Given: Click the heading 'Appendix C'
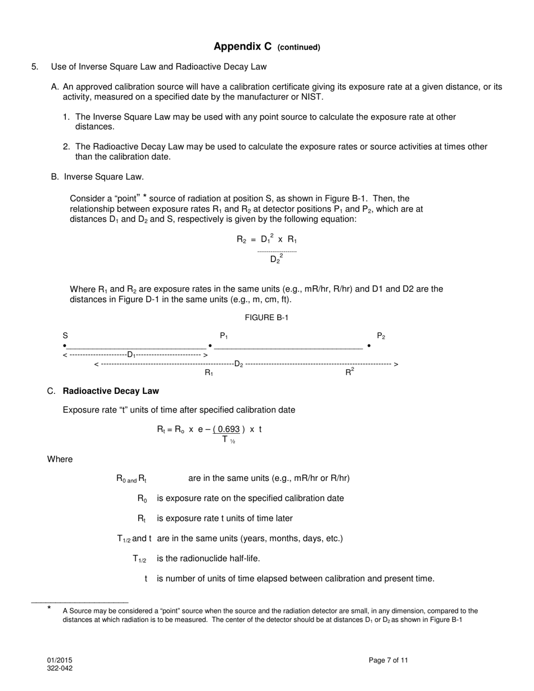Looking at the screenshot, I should pos(242,47).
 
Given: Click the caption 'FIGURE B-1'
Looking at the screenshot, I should pos(266,317).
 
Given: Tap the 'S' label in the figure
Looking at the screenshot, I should pos(65,336).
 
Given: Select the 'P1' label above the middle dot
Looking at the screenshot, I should pos(224,336).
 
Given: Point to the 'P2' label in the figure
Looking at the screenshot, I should pos(381,336).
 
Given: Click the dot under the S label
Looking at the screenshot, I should pos(65,345).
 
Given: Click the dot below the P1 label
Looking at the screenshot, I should pos(210,345).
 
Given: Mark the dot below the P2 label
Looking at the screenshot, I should pos(369,345).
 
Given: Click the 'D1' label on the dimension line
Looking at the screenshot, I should pos(132,354).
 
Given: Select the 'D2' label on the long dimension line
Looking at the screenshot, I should pos(239,364).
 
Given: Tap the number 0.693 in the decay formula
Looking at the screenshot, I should pos(229,429).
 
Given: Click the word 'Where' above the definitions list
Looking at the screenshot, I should pos(60,459).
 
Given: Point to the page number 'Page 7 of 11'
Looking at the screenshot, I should pos(388,660).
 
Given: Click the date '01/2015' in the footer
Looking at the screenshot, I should pos(60,660).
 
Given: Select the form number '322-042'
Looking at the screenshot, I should pos(60,668).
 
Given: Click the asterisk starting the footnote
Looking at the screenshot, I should pos(49,608).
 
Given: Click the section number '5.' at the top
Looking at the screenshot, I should pos(35,67).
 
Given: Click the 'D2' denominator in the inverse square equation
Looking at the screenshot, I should pos(275,259).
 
